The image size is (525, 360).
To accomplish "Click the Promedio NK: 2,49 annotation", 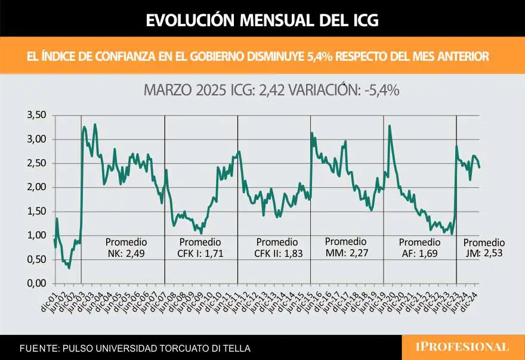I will (125, 248).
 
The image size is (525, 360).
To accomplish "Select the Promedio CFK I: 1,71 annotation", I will (200, 248).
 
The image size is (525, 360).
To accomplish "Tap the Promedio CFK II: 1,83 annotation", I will (276, 248).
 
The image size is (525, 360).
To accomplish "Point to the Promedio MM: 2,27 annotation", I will (345, 247).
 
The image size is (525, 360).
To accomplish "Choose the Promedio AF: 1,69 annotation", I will (419, 248).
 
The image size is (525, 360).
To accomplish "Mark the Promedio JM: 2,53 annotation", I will (484, 248).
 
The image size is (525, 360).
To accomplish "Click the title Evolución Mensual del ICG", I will (262, 20).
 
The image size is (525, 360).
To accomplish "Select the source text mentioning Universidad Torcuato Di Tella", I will (135, 348).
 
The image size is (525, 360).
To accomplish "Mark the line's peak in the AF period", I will (390, 126).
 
